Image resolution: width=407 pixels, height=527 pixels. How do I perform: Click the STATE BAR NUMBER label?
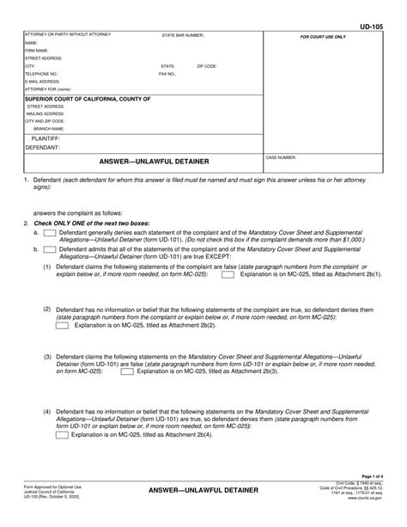click(182, 35)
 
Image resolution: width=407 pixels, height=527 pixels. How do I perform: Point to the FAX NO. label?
click(167, 74)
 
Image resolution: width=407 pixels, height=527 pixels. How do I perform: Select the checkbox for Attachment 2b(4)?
click(63, 434)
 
